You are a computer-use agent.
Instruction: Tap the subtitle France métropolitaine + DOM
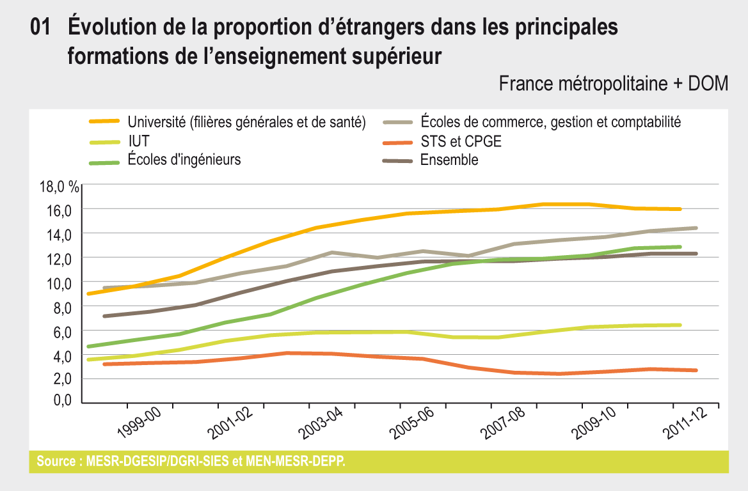pyautogui.click(x=613, y=84)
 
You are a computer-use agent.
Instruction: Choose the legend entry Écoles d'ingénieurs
pyautogui.click(x=184, y=160)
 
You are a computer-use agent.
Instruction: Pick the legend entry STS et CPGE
pyautogui.click(x=461, y=141)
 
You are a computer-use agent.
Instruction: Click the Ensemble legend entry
pyautogui.click(x=449, y=160)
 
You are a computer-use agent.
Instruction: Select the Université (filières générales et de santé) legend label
pyautogui.click(x=246, y=121)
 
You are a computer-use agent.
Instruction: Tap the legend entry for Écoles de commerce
pyautogui.click(x=550, y=121)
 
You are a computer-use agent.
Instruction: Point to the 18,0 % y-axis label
pyautogui.click(x=60, y=187)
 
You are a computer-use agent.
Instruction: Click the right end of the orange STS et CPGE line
pyautogui.click(x=696, y=370)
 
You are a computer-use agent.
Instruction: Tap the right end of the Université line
pyautogui.click(x=680, y=209)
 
